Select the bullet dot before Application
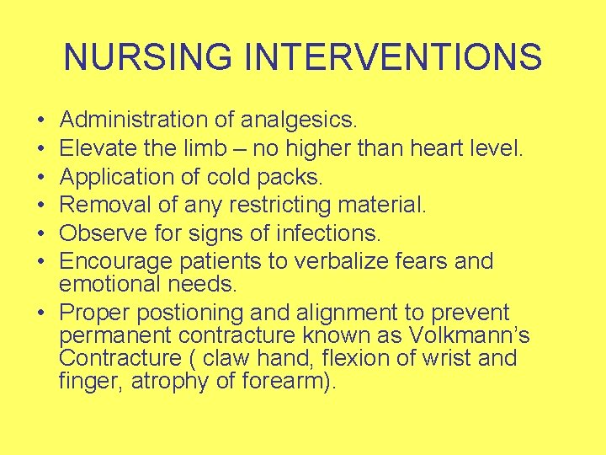(x=42, y=178)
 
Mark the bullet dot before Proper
(x=42, y=313)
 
